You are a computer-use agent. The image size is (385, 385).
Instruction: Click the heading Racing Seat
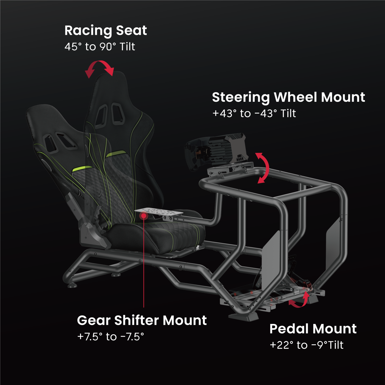pos(106,31)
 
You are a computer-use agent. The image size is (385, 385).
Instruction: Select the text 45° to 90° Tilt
pos(100,47)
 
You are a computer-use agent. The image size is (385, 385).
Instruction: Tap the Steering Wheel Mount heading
pos(288,98)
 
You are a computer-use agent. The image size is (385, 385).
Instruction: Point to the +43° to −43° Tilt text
pos(254,114)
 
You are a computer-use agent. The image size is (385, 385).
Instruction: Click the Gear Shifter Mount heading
pos(142,320)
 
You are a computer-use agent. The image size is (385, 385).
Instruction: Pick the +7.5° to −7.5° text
pos(111,337)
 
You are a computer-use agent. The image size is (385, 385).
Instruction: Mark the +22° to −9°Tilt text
pos(306,345)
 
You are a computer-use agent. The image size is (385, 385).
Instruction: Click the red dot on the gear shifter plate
pos(144,216)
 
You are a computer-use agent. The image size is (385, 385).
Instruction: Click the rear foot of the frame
pos(72,286)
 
